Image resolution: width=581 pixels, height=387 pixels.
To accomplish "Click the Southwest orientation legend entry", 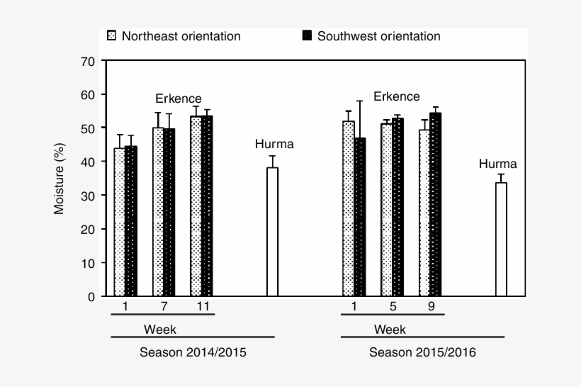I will [x=371, y=36].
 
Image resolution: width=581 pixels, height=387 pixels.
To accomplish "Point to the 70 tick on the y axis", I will [x=89, y=61].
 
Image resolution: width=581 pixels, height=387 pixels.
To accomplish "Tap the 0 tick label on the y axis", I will [x=91, y=296].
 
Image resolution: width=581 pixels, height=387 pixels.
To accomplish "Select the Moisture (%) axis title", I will [x=60, y=179].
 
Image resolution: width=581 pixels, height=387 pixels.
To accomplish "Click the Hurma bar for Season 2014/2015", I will [x=272, y=232].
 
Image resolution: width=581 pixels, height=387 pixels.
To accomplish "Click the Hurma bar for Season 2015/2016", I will [x=501, y=239].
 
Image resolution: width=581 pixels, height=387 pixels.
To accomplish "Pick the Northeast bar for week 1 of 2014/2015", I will [x=119, y=222].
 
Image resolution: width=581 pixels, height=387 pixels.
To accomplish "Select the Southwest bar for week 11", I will [x=207, y=206].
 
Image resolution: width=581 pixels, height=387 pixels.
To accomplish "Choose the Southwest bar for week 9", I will [x=435, y=204].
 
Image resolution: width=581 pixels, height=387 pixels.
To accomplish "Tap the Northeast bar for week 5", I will [x=386, y=210].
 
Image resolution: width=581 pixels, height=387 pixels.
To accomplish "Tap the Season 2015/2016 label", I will [x=422, y=352].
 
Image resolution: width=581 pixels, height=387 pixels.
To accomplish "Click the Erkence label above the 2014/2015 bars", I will [x=179, y=99].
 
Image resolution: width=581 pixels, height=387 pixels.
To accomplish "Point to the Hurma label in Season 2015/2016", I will [x=498, y=164].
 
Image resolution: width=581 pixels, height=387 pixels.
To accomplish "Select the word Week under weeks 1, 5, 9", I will [x=390, y=330].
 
